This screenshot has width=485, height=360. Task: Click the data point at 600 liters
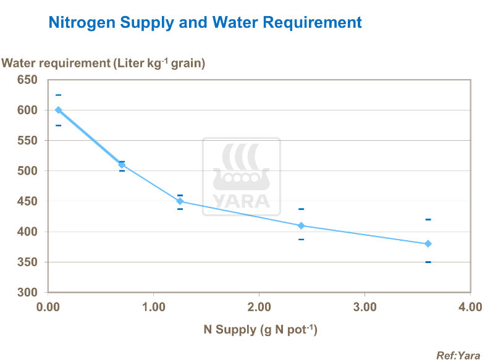[59, 110]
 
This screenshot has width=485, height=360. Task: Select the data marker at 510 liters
[122, 164]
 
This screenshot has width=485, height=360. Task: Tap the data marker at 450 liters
[180, 201]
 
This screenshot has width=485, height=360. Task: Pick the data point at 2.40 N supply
[301, 225]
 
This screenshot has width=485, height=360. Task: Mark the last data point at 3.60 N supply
[428, 244]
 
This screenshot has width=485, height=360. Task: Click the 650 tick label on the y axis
[27, 80]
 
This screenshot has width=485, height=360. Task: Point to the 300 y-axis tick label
[27, 293]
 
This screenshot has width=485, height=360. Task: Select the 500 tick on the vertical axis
[27, 171]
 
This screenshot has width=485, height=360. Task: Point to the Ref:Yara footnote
[458, 355]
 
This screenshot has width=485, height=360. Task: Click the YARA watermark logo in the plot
[242, 175]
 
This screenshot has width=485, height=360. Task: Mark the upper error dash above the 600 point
[59, 95]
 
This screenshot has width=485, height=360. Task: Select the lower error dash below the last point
[428, 262]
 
